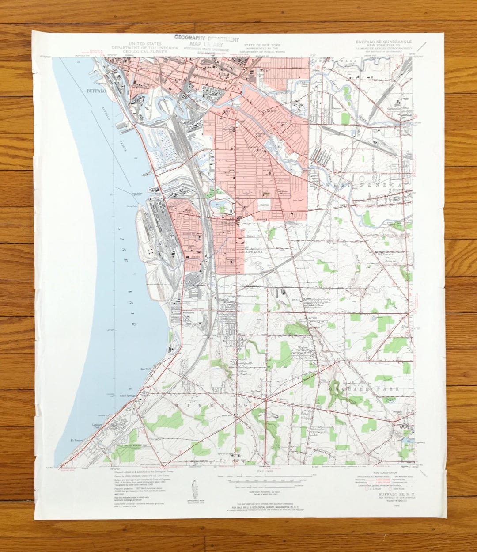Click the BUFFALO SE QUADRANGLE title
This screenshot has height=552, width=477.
[x=383, y=42]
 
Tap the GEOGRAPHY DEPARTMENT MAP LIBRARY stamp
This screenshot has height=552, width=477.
[x=207, y=42]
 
